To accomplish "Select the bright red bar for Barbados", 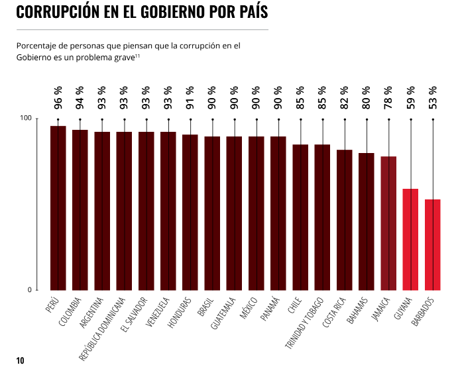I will [x=433, y=244].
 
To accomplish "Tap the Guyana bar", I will [x=410, y=239].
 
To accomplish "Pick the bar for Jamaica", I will [x=388, y=223].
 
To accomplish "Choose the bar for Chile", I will [x=300, y=217].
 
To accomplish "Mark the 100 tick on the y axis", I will [x=26, y=118].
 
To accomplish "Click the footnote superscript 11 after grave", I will [x=137, y=57].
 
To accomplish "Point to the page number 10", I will [x=20, y=360].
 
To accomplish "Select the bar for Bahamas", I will [x=367, y=221].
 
